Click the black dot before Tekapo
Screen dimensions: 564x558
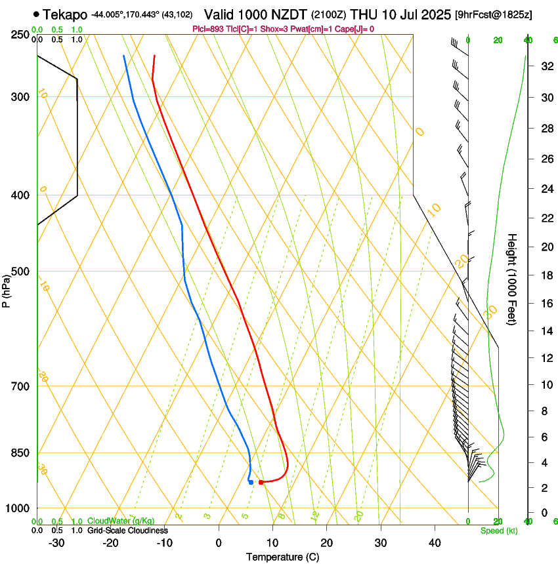point(35,14)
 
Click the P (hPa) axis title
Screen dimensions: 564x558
point(7,289)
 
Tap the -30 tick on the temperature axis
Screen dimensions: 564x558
point(56,543)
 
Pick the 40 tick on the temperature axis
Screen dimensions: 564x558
point(434,543)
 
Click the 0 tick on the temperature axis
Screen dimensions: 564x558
point(219,543)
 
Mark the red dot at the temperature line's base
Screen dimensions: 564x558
point(261,482)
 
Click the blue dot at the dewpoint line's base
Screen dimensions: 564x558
point(251,482)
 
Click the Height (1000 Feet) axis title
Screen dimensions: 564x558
point(513,279)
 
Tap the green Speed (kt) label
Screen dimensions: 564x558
point(498,531)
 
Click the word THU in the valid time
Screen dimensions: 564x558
point(362,14)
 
